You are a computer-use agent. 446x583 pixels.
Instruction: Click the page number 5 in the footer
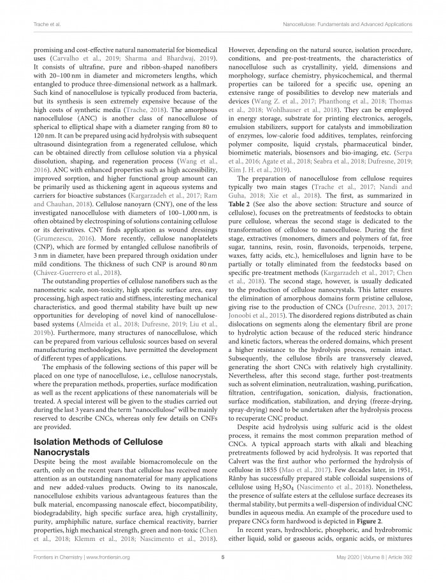[x=223, y=559]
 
